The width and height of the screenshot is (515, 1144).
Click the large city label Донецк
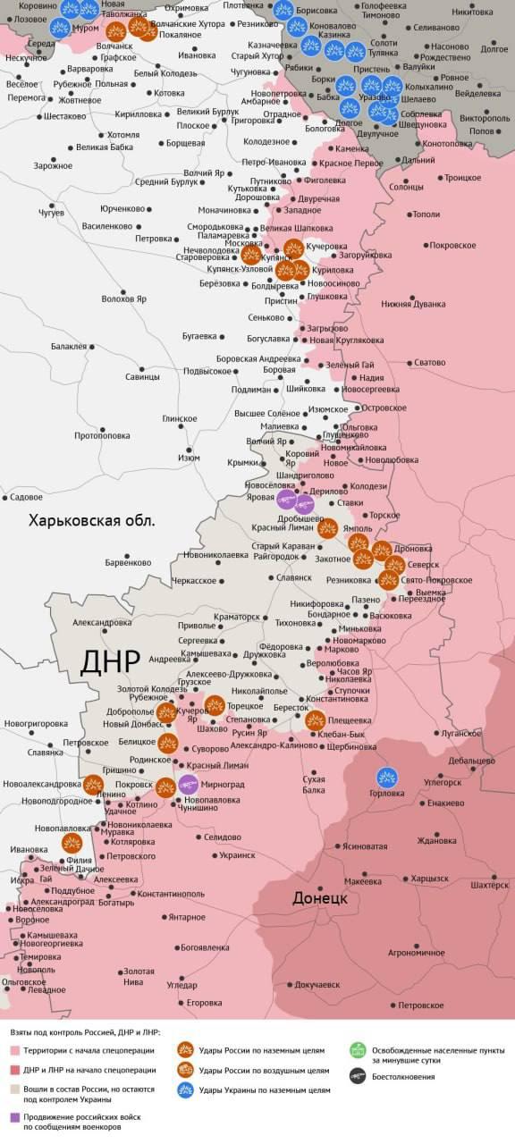tap(319, 897)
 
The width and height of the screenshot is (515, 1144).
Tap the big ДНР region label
tap(110, 661)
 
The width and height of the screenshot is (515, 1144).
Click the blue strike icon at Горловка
tap(388, 778)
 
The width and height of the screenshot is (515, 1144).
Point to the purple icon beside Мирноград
tap(189, 785)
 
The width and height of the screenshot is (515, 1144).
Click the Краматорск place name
tap(237, 617)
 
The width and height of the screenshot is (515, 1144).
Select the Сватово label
tap(428, 362)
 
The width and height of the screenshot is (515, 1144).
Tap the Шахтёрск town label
tap(489, 884)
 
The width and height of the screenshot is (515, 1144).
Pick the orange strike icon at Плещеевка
tap(316, 719)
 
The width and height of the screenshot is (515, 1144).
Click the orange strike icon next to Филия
tap(72, 843)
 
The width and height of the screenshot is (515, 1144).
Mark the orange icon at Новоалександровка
tap(93, 785)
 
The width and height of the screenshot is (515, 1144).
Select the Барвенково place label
tap(128, 562)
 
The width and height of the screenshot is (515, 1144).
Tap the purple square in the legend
tap(14, 1117)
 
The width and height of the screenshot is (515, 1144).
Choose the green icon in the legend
tap(358, 1050)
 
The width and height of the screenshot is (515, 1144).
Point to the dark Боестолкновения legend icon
tap(358, 1076)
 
